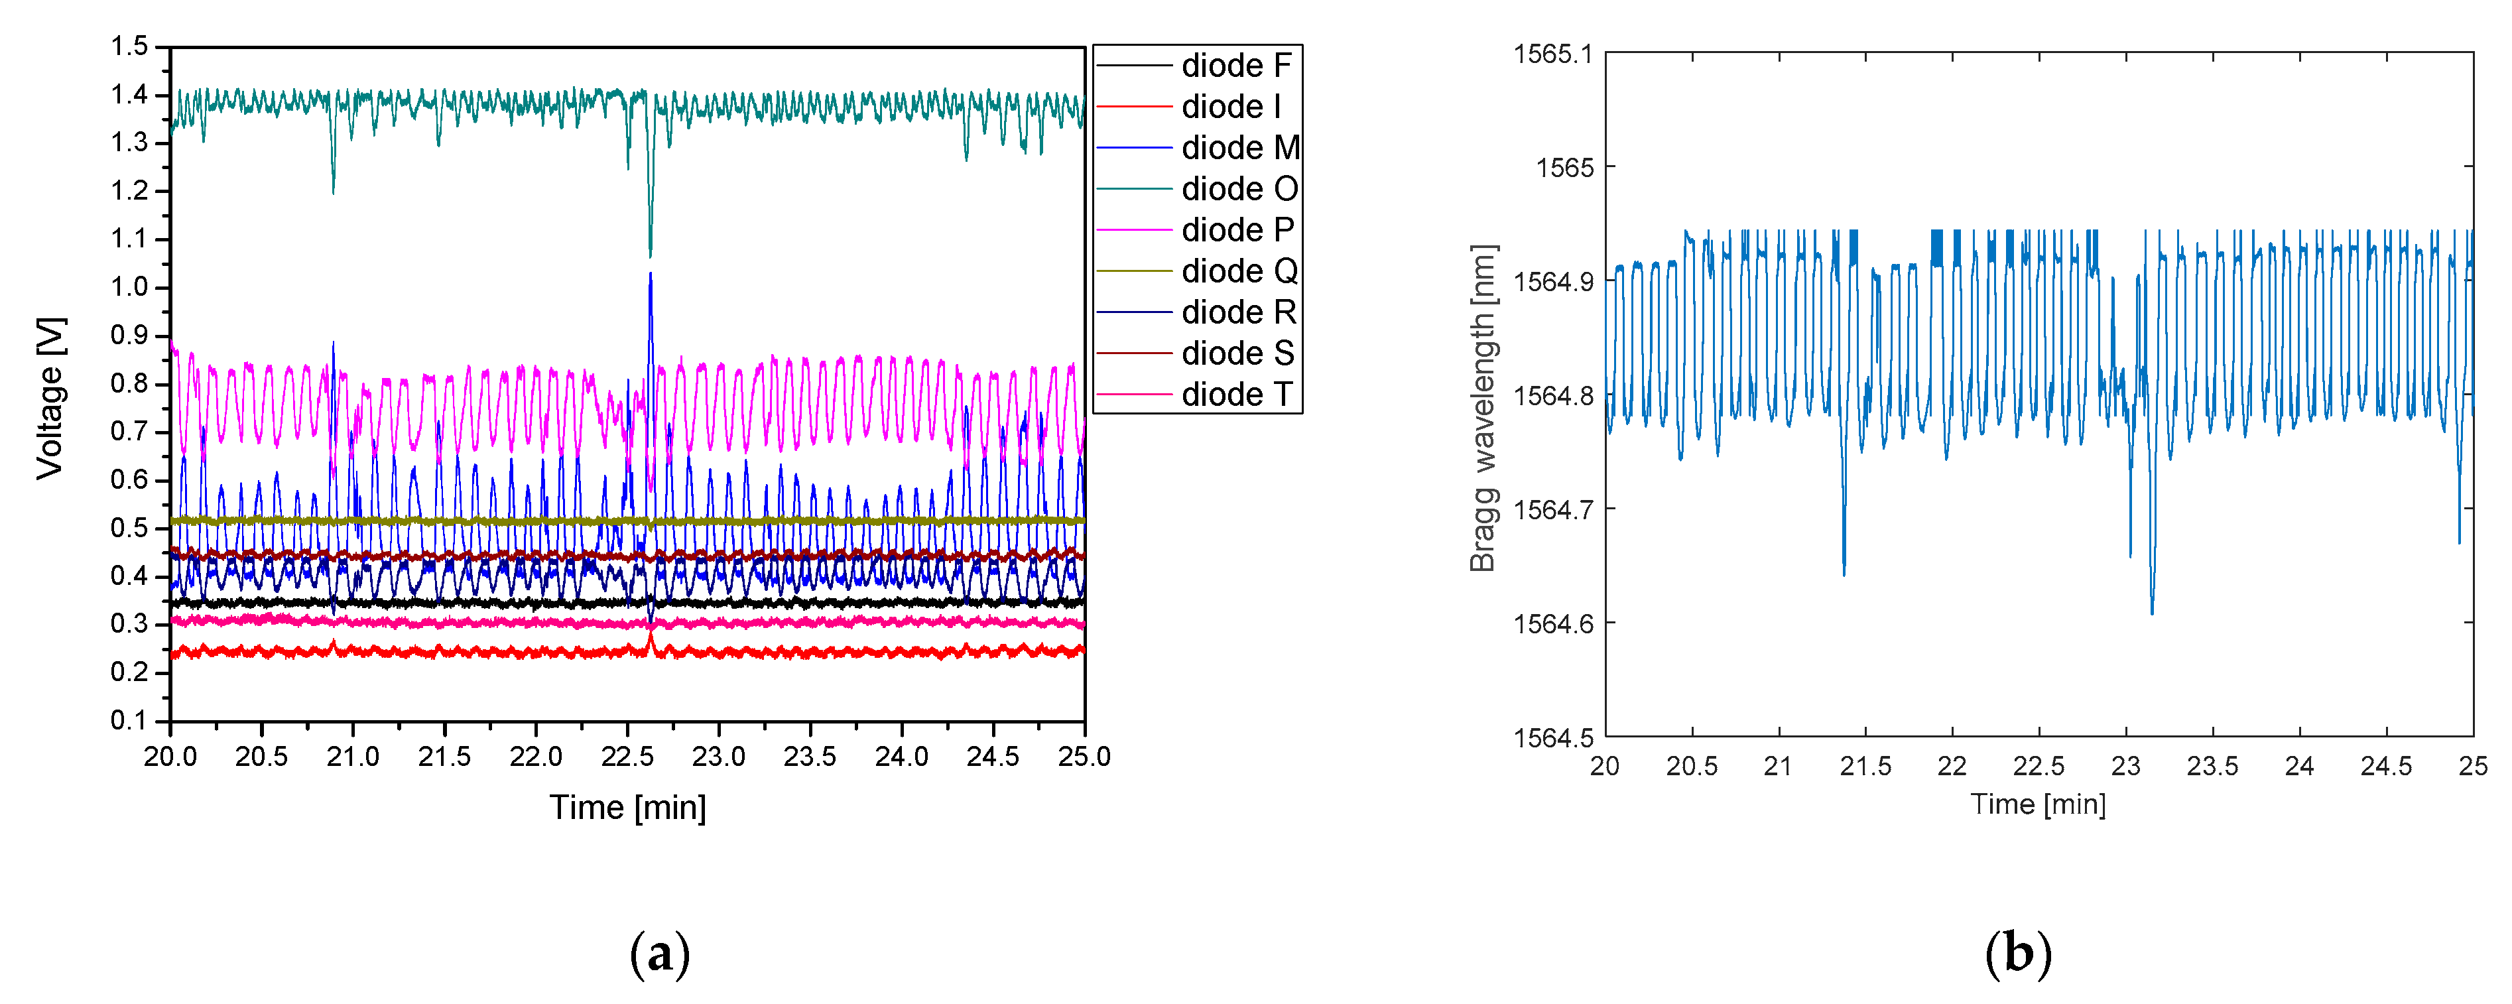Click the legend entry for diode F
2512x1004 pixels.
1235,65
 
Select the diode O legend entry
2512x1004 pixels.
1239,188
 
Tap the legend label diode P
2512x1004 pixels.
1237,230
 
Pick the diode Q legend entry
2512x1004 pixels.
1239,271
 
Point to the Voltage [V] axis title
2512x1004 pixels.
50,398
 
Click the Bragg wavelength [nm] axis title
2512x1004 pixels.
1482,407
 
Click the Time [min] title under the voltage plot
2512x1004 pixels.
627,807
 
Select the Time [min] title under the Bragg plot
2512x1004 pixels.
2038,804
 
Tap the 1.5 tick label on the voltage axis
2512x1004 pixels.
130,46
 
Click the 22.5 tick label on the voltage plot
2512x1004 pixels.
627,757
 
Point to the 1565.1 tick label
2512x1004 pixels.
1554,54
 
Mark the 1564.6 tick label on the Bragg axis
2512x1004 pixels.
1554,623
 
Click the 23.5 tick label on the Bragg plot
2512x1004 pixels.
2213,766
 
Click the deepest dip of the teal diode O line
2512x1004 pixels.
651,255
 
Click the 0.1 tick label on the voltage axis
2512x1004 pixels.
130,720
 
